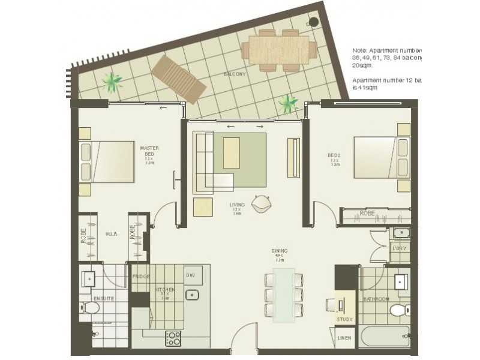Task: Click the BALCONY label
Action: (233, 74)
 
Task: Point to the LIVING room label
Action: (237, 205)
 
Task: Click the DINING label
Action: (279, 251)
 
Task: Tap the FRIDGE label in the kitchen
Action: (141, 277)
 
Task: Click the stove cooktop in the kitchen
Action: (173, 338)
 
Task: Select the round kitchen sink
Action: (193, 295)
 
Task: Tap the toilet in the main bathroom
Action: (398, 310)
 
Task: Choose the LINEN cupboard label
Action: (344, 338)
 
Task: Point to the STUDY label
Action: (344, 319)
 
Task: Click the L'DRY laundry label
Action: (399, 248)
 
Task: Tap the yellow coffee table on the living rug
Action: (231, 153)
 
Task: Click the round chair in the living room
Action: (262, 203)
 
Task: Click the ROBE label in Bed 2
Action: (367, 214)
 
